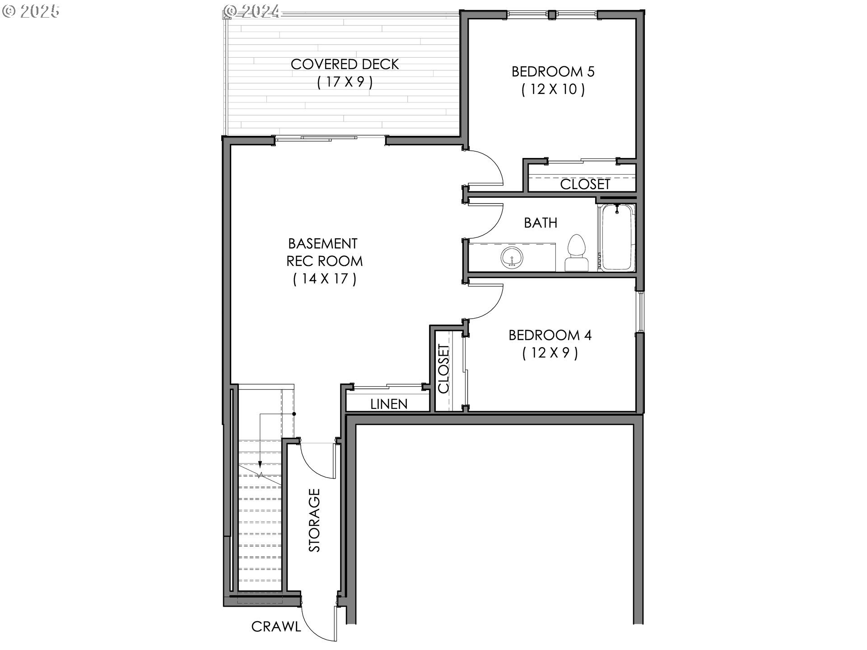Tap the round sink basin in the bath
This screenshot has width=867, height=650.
click(512, 257)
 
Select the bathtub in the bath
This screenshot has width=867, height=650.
click(617, 237)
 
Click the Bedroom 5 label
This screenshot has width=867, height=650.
click(553, 71)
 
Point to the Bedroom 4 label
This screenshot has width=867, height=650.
click(550, 335)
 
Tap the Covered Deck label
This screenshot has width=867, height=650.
click(345, 64)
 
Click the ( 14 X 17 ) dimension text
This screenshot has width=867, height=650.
click(325, 279)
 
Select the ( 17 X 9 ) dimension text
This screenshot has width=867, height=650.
click(345, 82)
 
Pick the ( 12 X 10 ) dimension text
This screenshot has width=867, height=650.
click(553, 89)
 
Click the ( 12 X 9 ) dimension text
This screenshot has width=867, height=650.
click(550, 353)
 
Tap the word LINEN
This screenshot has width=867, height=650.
click(389, 404)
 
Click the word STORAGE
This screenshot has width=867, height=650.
click(314, 520)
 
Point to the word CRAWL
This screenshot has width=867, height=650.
click(276, 627)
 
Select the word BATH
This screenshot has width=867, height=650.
click(541, 223)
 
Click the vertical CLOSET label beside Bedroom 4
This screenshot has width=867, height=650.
click(444, 369)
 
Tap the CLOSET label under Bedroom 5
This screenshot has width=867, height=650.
click(585, 184)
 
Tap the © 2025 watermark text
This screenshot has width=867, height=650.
click(31, 11)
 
